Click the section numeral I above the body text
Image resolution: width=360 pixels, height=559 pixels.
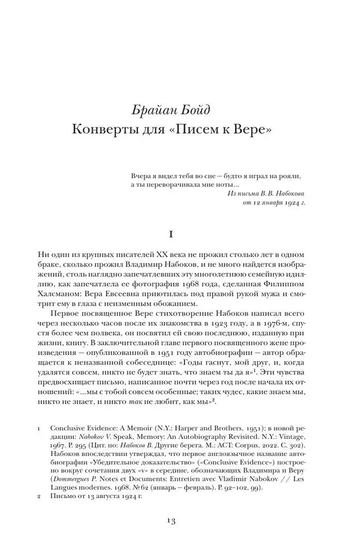point(179,235)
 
